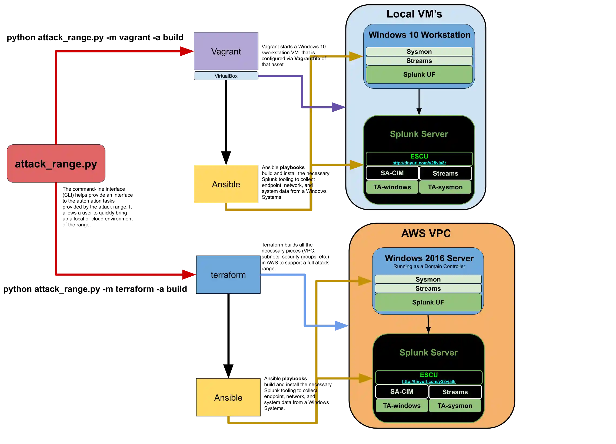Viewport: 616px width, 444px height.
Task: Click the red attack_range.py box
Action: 56,164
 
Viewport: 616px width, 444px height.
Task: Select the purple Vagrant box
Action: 226,51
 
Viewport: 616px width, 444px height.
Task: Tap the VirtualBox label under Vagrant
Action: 226,76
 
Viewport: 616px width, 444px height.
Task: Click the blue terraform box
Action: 228,275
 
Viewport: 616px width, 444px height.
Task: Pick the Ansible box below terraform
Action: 228,397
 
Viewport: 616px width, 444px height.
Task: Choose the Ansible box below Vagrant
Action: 226,184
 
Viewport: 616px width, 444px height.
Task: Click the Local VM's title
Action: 414,14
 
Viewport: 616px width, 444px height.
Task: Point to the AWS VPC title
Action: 426,233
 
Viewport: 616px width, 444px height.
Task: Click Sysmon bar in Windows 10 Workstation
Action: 419,52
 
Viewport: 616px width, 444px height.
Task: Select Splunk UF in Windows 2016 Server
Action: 428,302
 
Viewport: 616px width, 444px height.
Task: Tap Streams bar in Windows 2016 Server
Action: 428,288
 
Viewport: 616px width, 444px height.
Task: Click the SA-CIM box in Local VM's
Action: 392,173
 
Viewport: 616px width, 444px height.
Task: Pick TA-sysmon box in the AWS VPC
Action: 455,406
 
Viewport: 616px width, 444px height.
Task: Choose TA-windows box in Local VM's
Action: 392,187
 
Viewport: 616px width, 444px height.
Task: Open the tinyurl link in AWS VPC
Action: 429,382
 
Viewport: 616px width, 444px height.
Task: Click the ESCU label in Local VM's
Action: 419,156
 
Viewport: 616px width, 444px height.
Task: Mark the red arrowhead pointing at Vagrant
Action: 186,51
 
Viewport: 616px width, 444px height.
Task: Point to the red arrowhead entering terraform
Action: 188,275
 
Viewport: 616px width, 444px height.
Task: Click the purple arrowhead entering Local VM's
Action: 338,107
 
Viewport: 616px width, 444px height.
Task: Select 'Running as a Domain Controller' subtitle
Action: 429,266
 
